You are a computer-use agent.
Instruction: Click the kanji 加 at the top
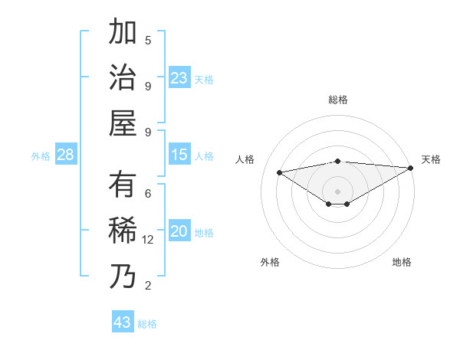pyautogui.click(x=123, y=33)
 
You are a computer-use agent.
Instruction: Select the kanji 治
pyautogui.click(x=123, y=77)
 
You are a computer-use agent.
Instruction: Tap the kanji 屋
pyautogui.click(x=123, y=122)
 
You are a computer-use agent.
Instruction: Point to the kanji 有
pyautogui.click(x=123, y=185)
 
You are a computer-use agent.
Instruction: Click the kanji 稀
pyautogui.click(x=123, y=231)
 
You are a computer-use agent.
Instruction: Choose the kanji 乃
pyautogui.click(x=123, y=276)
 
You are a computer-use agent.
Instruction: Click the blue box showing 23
pyautogui.click(x=179, y=78)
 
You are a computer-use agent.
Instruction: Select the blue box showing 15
pyautogui.click(x=179, y=155)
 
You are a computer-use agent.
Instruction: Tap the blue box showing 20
pyautogui.click(x=179, y=232)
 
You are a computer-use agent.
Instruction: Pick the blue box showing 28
pyautogui.click(x=66, y=155)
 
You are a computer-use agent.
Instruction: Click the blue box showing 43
pyautogui.click(x=123, y=322)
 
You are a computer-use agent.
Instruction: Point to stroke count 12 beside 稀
pyautogui.click(x=148, y=240)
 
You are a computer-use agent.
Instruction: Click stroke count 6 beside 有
pyautogui.click(x=148, y=195)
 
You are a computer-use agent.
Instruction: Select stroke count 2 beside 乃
pyautogui.click(x=148, y=286)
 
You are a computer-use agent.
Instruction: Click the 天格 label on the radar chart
pyautogui.click(x=431, y=159)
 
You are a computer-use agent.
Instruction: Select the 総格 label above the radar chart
pyautogui.click(x=337, y=100)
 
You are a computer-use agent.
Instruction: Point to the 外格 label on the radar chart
pyautogui.click(x=270, y=262)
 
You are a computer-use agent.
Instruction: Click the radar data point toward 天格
pyautogui.click(x=411, y=168)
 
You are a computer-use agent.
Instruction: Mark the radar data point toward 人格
pyautogui.click(x=280, y=172)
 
